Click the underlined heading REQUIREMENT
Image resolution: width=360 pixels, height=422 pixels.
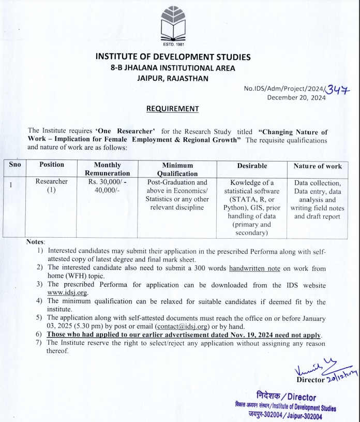[172, 109]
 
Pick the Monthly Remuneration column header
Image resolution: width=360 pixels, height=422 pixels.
[107, 169]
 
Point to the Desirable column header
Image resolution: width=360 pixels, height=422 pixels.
[252, 166]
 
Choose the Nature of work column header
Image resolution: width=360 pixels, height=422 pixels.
[317, 166]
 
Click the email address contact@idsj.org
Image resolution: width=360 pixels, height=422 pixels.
[182, 327]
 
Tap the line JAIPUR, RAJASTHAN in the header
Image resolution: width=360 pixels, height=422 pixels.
[172, 78]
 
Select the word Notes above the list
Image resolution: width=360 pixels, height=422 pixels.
[35, 242]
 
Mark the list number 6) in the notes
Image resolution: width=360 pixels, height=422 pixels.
[39, 335]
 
